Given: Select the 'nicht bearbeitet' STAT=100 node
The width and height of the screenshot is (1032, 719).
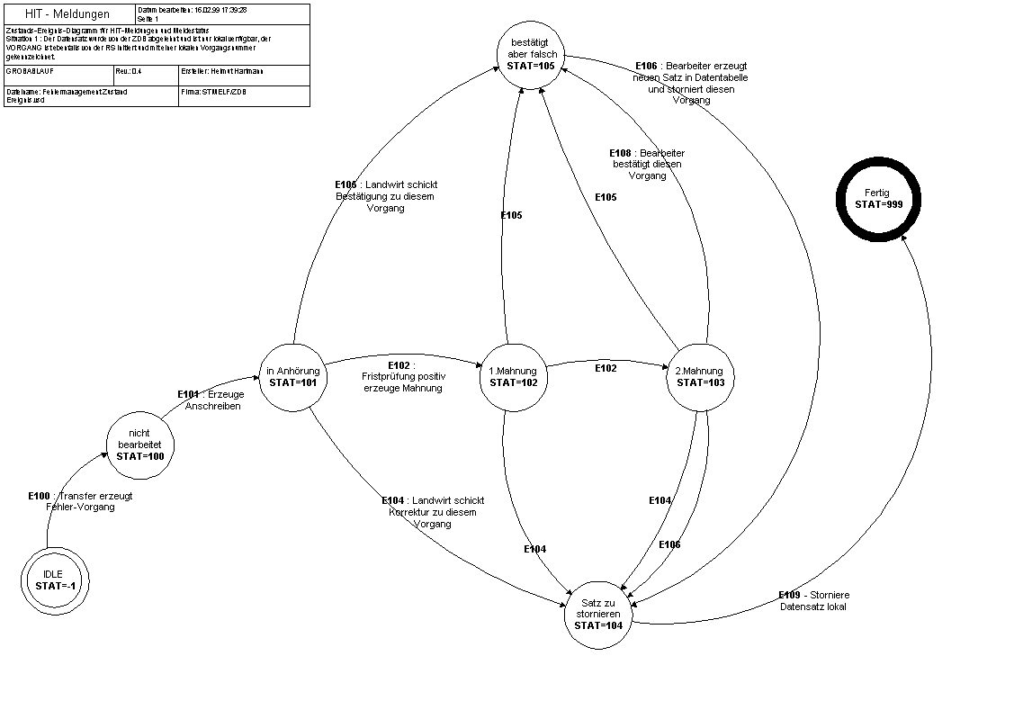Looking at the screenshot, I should pyautogui.click(x=139, y=445).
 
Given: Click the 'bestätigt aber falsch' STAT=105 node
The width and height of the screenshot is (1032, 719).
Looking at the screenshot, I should pyautogui.click(x=532, y=54).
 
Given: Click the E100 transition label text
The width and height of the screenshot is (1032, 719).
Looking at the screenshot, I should pyautogui.click(x=80, y=501).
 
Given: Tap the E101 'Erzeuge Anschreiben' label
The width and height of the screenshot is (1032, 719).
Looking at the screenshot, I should pyautogui.click(x=211, y=400).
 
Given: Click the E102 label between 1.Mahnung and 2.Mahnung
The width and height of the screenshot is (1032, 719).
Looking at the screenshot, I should pyautogui.click(x=606, y=368).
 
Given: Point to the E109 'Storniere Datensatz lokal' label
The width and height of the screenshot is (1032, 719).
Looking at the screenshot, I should pyautogui.click(x=813, y=600).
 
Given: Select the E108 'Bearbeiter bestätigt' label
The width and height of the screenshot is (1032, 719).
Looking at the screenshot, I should pyautogui.click(x=647, y=164).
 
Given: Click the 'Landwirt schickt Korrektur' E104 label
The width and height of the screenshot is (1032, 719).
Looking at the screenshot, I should pyautogui.click(x=433, y=511).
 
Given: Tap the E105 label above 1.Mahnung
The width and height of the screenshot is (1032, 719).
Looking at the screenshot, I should pyautogui.click(x=511, y=215).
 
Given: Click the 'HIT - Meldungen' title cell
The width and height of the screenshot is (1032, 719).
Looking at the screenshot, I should pyautogui.click(x=69, y=14).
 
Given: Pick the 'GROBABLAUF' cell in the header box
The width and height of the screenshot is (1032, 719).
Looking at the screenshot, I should pyautogui.click(x=58, y=71).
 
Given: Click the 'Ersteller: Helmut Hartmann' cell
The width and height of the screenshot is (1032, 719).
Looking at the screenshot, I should pyautogui.click(x=243, y=71).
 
